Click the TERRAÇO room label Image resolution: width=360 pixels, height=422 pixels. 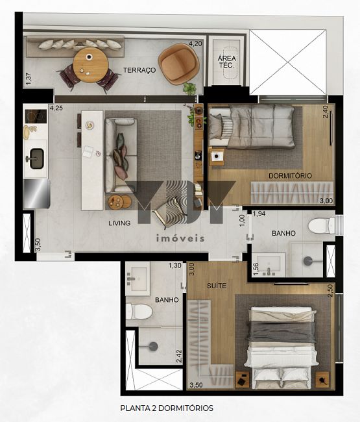(139, 70)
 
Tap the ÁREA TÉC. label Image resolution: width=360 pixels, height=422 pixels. (227, 62)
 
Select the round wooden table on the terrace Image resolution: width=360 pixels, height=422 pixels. (91, 65)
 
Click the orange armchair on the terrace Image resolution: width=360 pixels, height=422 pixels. (178, 64)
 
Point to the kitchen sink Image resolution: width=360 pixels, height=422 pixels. (36, 159)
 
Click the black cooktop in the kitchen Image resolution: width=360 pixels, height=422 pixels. (36, 116)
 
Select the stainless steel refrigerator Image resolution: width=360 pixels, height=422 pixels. (36, 193)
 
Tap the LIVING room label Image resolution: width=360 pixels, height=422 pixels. (119, 223)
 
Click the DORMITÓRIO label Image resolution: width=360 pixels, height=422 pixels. (290, 176)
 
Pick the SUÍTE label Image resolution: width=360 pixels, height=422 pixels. (217, 286)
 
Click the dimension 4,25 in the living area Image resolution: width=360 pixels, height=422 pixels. (56, 108)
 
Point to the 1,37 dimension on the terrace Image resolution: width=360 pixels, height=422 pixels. (29, 79)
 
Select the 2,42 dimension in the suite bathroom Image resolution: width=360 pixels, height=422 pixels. (179, 356)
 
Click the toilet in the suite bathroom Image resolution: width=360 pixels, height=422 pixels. (139, 312)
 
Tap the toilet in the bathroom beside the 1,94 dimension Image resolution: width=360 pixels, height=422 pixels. (321, 225)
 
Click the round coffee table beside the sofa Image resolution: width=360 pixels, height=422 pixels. (119, 201)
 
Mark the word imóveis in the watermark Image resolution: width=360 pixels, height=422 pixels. (180, 238)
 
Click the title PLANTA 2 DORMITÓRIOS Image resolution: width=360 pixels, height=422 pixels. (167, 408)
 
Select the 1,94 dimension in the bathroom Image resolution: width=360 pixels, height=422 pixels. (259, 214)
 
